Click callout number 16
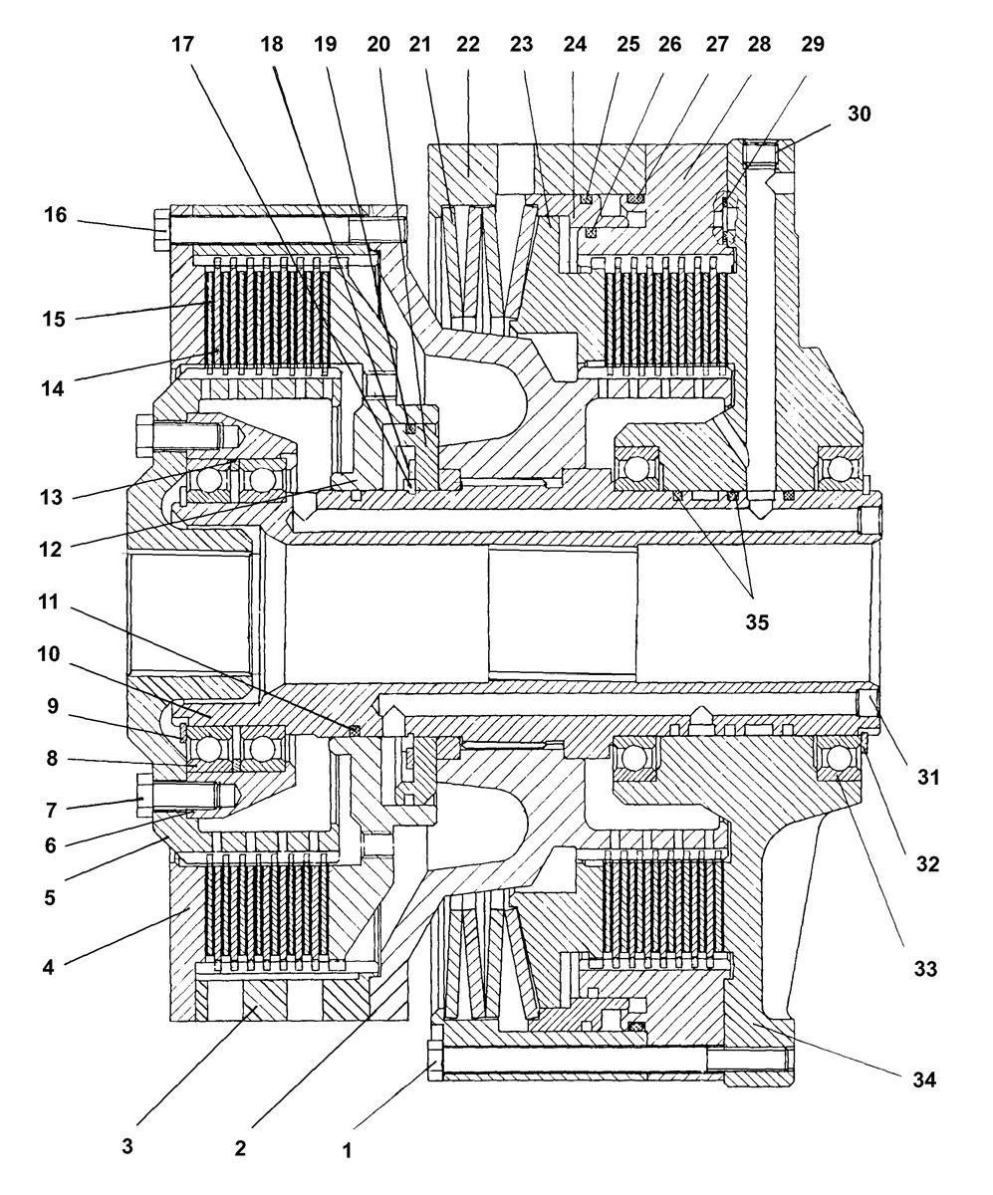pos(56,215)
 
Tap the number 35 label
pos(757,622)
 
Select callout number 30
pos(860,114)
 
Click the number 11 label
pos(49,602)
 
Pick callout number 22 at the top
pos(467,44)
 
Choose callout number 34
pos(924,1079)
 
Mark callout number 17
pos(183,44)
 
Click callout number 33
pos(925,969)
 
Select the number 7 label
pos(51,810)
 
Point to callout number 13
pos(51,497)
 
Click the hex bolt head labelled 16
pos(162,229)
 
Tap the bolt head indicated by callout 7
pos(144,795)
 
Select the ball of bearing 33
pos(839,759)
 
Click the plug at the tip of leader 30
pos(760,153)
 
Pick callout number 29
pos(812,44)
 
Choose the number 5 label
pos(50,897)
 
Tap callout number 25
pos(627,44)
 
